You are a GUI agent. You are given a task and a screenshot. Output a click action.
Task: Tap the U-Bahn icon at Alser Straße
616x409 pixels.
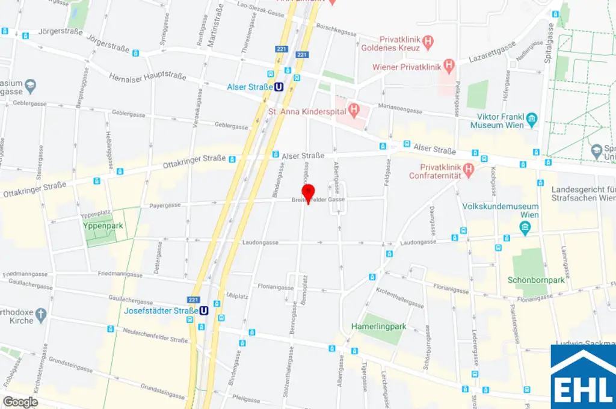point(279,87)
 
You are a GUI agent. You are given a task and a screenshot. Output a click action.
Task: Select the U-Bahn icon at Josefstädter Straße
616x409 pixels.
point(204,311)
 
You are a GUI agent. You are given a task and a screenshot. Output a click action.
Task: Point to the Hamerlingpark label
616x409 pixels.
point(379,327)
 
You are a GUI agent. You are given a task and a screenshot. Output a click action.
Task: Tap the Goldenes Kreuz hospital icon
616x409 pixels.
point(428,42)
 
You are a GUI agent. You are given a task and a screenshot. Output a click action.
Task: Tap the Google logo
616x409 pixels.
point(20,402)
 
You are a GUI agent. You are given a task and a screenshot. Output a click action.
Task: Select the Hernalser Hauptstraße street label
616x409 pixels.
point(148,78)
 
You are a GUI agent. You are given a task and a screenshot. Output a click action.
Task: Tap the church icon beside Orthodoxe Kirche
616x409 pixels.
point(40,313)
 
